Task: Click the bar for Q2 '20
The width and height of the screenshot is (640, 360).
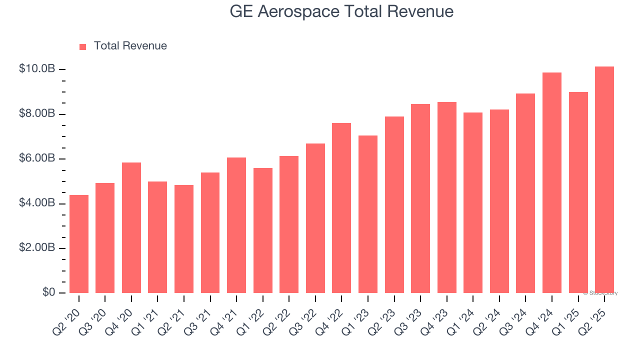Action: pos(79,244)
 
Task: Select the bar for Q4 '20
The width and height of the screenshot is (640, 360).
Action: pos(131,228)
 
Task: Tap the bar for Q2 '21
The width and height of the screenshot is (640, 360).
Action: pos(184,239)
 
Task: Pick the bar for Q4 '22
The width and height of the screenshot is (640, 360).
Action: pos(341,208)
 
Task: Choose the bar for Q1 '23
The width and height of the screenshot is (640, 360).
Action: pos(368,214)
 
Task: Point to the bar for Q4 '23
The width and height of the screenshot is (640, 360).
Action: pos(446,197)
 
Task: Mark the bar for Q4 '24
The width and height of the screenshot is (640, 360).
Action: pos(552,183)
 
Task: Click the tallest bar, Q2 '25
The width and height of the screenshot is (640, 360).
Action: pos(604,180)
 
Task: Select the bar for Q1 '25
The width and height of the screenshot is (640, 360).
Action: pos(578,192)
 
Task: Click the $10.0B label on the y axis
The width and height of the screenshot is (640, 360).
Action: pos(36,69)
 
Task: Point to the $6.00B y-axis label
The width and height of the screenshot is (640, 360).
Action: pos(36,158)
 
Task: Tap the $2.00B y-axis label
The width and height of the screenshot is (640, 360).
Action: pos(36,248)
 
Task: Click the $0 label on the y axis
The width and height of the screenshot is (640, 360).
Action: pos(48,292)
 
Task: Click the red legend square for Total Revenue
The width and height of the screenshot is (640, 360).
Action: pos(83,46)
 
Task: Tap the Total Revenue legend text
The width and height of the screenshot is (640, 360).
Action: pos(130,46)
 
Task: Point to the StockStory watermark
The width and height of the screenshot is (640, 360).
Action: pos(600,293)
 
